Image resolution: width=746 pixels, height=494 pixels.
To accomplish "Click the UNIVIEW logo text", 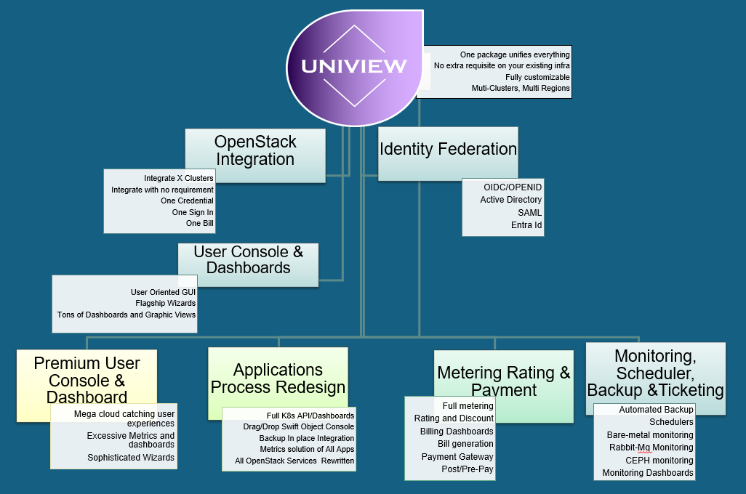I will pos(354,67).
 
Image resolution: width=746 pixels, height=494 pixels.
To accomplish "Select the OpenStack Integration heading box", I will pos(254,150).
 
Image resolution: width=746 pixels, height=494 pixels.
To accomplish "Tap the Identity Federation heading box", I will pos(448,149).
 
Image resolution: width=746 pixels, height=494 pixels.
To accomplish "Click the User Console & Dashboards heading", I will pos(248,260).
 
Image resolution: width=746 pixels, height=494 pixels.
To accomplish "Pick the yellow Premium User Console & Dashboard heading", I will pos(87,379).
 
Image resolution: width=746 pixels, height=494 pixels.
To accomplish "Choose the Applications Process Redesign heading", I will pos(278,378).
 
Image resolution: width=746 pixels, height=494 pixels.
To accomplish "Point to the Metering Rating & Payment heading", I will pos(504,381).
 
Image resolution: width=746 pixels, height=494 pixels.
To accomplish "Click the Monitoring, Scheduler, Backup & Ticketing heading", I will pos(655,373).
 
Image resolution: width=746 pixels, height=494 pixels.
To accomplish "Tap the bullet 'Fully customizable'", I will pos(537,77).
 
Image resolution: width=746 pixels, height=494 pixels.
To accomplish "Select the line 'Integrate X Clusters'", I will pos(178,178).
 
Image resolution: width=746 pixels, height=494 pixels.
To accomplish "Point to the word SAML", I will pos(529,212).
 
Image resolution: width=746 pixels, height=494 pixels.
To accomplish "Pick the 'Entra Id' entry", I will pos(526,225).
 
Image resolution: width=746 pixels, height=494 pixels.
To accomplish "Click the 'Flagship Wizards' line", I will pos(165,303).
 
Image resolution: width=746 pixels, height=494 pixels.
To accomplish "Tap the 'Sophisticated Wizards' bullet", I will pos(131,458).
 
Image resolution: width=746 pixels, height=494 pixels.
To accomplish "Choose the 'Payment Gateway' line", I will pos(457,457).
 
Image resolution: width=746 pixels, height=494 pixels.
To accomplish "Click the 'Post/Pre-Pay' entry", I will pos(467,469).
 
